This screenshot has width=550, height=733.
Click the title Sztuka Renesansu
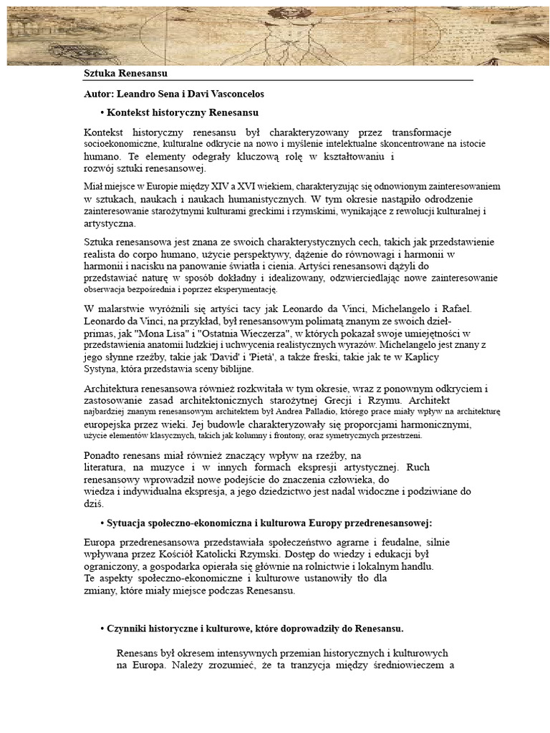coord(125,74)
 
